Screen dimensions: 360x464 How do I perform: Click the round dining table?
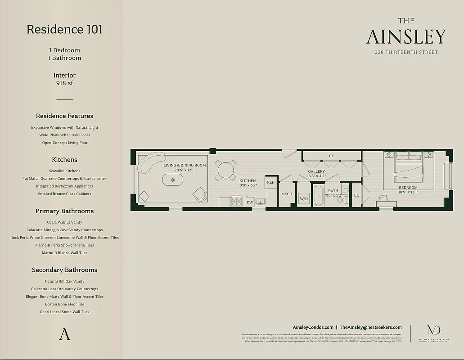225,171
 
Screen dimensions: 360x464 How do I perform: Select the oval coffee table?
173,180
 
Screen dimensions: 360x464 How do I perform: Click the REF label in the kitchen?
270,182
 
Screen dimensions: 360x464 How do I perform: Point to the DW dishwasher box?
250,202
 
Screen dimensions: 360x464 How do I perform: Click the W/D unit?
304,198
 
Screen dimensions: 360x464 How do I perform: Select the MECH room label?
287,194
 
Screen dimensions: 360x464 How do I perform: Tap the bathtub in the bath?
318,196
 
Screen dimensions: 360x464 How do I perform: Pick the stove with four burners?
237,201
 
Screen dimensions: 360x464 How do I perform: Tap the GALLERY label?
316,171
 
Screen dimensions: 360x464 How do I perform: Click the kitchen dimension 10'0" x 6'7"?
248,185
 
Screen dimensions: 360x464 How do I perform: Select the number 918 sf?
64,83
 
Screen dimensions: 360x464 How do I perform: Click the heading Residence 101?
64,29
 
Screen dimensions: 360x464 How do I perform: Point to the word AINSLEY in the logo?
406,37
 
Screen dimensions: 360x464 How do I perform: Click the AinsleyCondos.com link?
313,328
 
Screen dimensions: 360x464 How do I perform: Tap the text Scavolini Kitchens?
64,171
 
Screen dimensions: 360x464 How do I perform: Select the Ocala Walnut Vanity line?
64,222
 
